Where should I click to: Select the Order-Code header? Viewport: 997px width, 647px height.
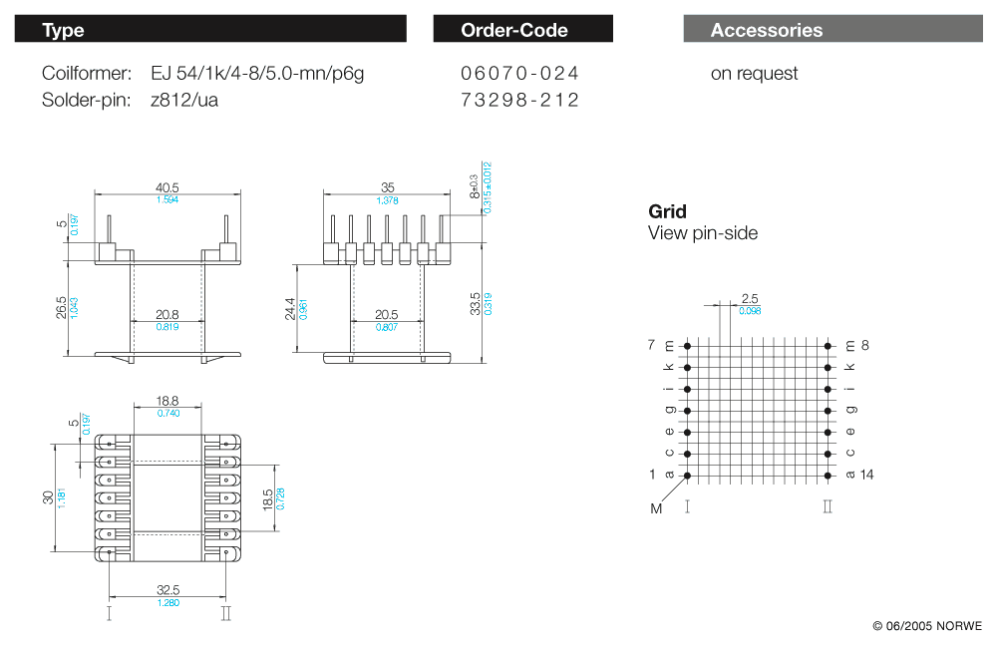point(522,30)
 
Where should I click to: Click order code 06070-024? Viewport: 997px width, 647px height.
point(519,74)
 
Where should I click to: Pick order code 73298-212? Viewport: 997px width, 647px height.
point(519,100)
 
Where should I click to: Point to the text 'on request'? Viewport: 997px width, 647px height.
point(754,74)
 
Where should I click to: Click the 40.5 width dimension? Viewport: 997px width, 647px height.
point(166,187)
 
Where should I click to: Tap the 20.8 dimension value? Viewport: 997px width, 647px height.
point(167,314)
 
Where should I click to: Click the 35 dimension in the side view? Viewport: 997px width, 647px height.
point(388,187)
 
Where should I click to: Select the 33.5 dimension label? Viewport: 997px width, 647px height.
point(477,303)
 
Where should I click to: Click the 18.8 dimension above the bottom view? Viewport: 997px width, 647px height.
point(167,401)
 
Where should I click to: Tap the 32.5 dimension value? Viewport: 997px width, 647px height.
point(167,590)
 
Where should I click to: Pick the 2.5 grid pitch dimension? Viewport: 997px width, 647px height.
point(751,298)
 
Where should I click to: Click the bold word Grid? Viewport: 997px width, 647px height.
point(667,211)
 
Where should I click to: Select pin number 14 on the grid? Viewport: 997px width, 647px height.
point(866,475)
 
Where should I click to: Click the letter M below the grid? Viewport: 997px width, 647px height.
point(656,509)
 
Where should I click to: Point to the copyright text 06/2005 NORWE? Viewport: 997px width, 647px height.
point(926,626)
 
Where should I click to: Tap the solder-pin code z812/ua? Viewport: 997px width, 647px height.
point(184,100)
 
